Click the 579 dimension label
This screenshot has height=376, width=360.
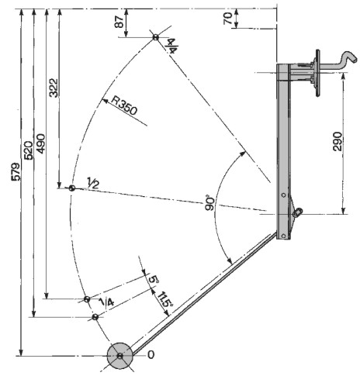pos(16,171)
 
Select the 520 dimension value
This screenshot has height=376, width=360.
pos(28,150)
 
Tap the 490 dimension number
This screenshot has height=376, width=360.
pos(40,143)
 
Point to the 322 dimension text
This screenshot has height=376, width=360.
pos(54,88)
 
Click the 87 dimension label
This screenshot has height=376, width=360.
pos(119,22)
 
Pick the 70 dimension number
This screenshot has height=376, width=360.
pos(228,19)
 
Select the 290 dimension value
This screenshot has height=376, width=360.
pos(337,141)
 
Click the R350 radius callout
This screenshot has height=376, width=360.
pos(123,105)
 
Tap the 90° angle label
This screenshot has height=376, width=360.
pos(211,204)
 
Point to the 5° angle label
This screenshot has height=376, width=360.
pos(154,280)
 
